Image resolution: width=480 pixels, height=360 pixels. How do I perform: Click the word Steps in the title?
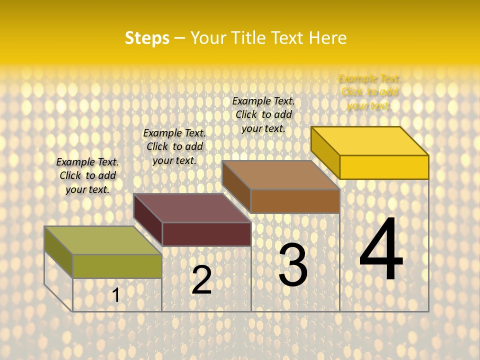[147, 38]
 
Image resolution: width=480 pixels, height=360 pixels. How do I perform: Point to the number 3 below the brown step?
[293, 264]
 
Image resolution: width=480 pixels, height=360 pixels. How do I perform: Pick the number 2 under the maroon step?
[201, 280]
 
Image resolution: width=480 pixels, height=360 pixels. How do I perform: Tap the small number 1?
[116, 295]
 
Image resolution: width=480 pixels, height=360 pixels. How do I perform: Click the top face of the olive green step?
[102, 240]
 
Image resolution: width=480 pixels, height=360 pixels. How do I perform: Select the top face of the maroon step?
[192, 208]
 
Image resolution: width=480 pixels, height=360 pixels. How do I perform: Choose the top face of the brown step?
[280, 175]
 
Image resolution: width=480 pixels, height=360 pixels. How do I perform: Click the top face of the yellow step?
[369, 141]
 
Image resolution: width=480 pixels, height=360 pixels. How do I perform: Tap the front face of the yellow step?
[384, 167]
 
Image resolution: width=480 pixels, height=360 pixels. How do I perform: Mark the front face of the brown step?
[295, 201]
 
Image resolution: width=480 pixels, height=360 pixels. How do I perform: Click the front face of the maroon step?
[206, 234]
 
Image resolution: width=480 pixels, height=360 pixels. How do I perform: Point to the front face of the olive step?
[117, 266]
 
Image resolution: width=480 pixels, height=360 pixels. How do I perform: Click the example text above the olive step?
[87, 175]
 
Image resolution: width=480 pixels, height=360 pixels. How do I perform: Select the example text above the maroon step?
[174, 146]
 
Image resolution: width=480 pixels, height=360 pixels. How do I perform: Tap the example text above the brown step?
[263, 114]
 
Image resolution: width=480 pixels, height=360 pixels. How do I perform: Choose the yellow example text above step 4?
[369, 92]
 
